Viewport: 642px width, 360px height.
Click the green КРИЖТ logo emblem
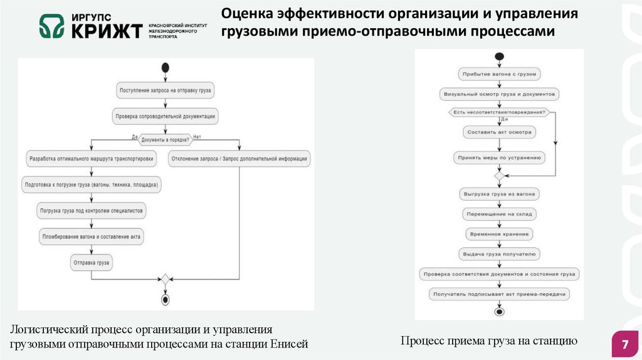tap(51, 26)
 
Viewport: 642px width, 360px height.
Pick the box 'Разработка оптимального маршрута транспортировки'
tap(92, 159)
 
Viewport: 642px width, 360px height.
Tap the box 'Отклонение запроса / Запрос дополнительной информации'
tap(239, 159)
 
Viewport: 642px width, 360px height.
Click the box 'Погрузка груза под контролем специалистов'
tap(92, 211)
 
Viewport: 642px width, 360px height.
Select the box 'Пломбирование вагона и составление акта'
tap(92, 236)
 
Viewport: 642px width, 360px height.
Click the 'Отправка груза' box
tap(92, 262)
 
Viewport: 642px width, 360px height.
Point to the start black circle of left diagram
tap(166, 67)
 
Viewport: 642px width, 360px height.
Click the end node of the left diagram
tap(166, 300)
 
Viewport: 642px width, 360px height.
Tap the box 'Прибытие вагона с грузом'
tap(499, 74)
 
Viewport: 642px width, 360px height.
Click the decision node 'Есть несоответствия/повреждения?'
tap(499, 112)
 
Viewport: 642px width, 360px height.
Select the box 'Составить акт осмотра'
tap(499, 132)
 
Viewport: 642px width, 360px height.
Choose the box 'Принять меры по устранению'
tap(499, 158)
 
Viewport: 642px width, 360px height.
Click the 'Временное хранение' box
tap(499, 234)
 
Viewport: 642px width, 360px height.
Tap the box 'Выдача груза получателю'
tap(499, 254)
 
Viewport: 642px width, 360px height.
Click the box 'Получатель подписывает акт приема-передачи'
tap(499, 294)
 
